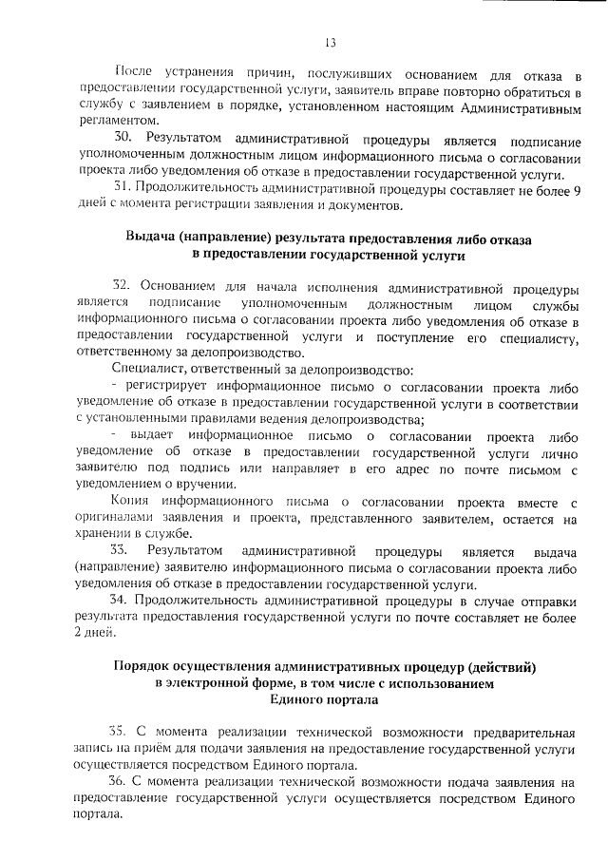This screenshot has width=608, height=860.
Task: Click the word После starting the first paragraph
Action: pos(131,74)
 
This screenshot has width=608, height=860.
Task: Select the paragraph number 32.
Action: pos(121,286)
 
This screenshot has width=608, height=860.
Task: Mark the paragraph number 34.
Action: pos(120,599)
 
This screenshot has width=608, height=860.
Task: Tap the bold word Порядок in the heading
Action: pos(142,666)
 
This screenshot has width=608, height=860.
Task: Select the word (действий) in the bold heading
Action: pos(505,666)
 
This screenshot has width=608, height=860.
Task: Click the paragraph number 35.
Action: pos(118,732)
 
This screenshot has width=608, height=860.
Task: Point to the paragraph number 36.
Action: pos(118,781)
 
